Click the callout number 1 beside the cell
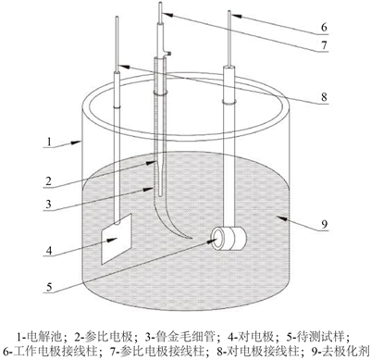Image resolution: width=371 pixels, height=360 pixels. click(49, 142)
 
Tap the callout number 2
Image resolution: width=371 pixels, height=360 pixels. click(49, 180)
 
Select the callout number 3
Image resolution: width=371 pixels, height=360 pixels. click(48, 205)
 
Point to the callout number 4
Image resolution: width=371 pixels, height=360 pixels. click(49, 251)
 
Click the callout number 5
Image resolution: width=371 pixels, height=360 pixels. click(49, 288)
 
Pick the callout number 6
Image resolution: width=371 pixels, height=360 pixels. click(324, 27)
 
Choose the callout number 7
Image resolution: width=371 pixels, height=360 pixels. click(324, 45)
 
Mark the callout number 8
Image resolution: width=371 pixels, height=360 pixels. click(324, 97)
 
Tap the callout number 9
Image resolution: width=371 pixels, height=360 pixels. click(324, 224)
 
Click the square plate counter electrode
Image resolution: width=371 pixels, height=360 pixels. click(117, 239)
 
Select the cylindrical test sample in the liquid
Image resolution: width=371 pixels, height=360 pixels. click(229, 239)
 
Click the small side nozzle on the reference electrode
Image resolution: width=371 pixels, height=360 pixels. click(167, 53)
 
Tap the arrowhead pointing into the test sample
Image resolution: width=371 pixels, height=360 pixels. click(214, 240)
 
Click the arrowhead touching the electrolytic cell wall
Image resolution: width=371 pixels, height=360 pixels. click(77, 143)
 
